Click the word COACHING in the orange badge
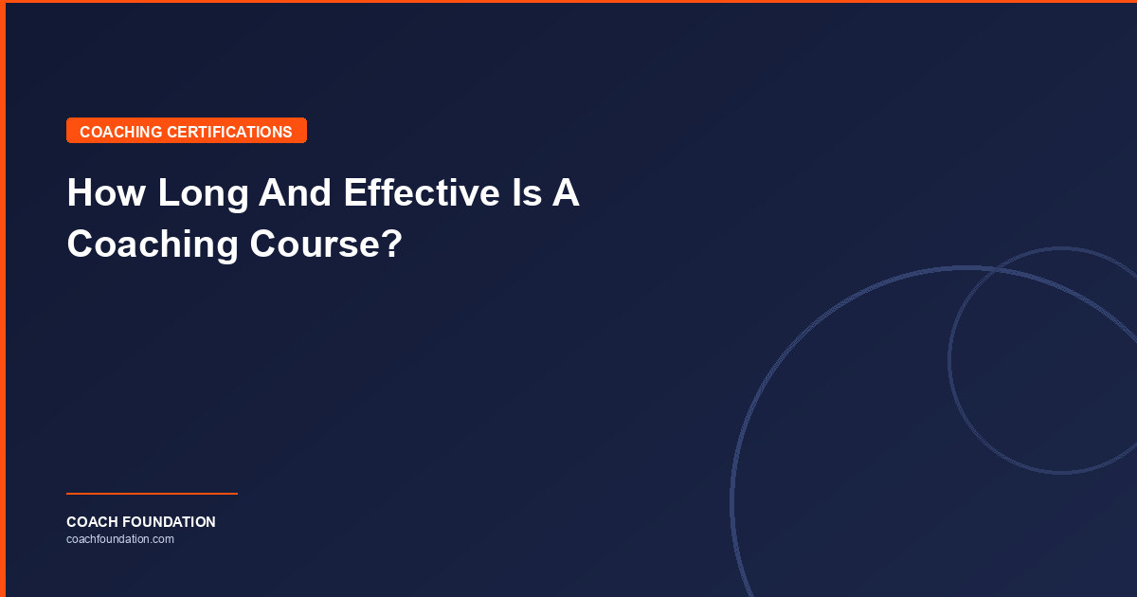point(121,132)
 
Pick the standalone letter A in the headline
point(567,193)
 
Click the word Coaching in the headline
point(153,244)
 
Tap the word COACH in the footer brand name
point(91,522)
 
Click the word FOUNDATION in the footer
point(168,522)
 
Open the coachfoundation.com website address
point(120,539)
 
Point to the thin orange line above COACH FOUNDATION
point(152,494)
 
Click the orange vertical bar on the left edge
point(3,298)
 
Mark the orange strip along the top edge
point(568,2)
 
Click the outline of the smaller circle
point(949,360)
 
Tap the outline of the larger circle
point(732,502)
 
